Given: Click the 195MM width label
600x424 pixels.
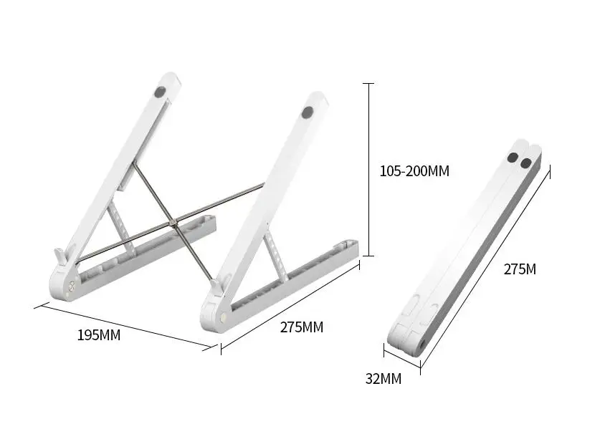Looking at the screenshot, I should [x=99, y=335].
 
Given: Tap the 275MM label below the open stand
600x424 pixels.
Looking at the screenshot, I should [x=301, y=327].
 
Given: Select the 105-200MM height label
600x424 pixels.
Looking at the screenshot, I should [x=414, y=171].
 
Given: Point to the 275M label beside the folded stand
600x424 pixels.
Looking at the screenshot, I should [x=520, y=269].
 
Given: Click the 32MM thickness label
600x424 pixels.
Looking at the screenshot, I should [x=384, y=379].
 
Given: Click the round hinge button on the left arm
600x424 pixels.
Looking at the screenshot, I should [x=70, y=291].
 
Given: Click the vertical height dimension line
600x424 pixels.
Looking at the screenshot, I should [x=369, y=170].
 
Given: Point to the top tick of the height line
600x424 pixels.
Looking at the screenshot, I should [x=369, y=84].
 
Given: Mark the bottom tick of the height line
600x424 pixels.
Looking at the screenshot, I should [x=369, y=255].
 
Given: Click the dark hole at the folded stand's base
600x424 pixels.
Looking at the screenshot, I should [x=422, y=345].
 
